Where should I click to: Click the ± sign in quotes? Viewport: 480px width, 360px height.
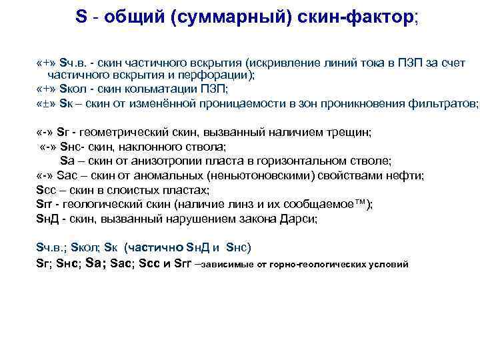[47, 104]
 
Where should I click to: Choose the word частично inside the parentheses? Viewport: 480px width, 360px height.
[153, 247]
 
